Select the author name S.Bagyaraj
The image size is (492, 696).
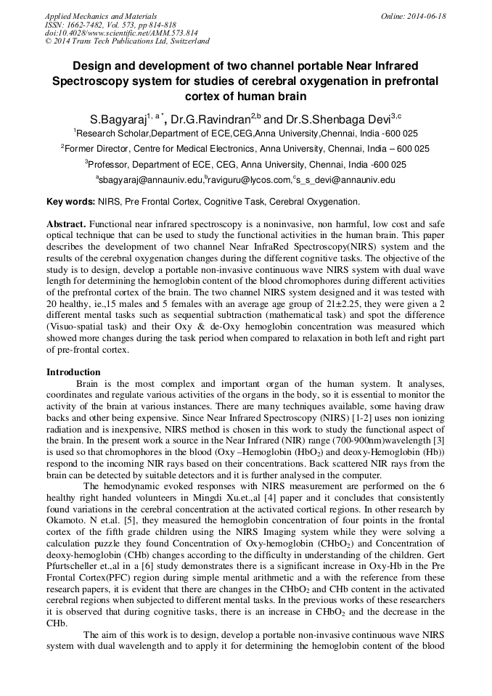pos(118,118)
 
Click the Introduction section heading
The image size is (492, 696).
pos(73,372)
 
